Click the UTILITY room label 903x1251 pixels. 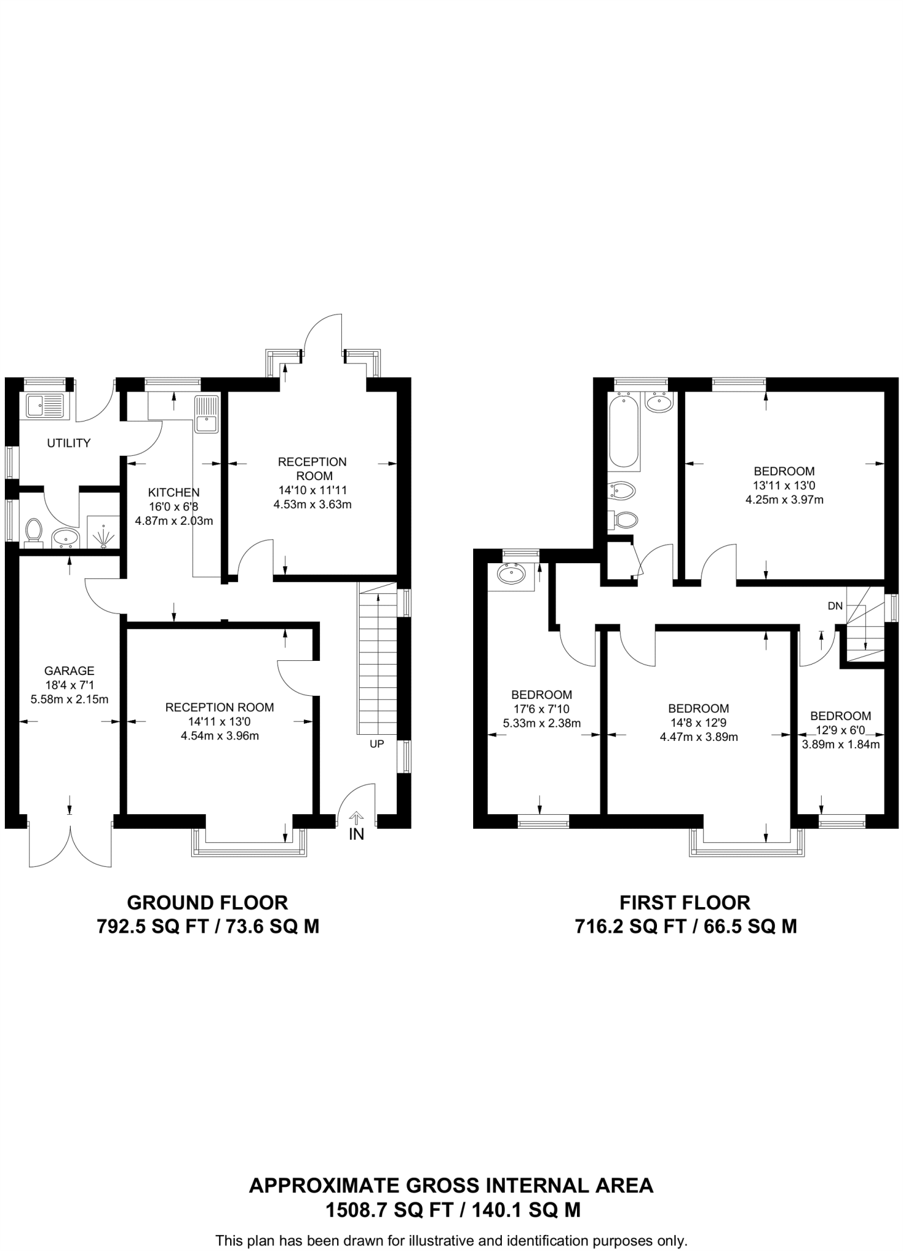coord(68,443)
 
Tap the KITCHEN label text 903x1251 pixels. coord(173,492)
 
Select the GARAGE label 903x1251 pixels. coord(69,671)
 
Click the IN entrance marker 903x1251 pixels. coord(356,834)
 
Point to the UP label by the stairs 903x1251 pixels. coord(377,744)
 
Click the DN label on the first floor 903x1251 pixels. coord(835,606)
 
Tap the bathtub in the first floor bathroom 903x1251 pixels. coord(624,431)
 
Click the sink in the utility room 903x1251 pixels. coord(45,404)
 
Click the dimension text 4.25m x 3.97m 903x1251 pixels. coord(784,500)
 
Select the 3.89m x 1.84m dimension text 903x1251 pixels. coord(840,745)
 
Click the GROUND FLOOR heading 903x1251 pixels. coord(207,902)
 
